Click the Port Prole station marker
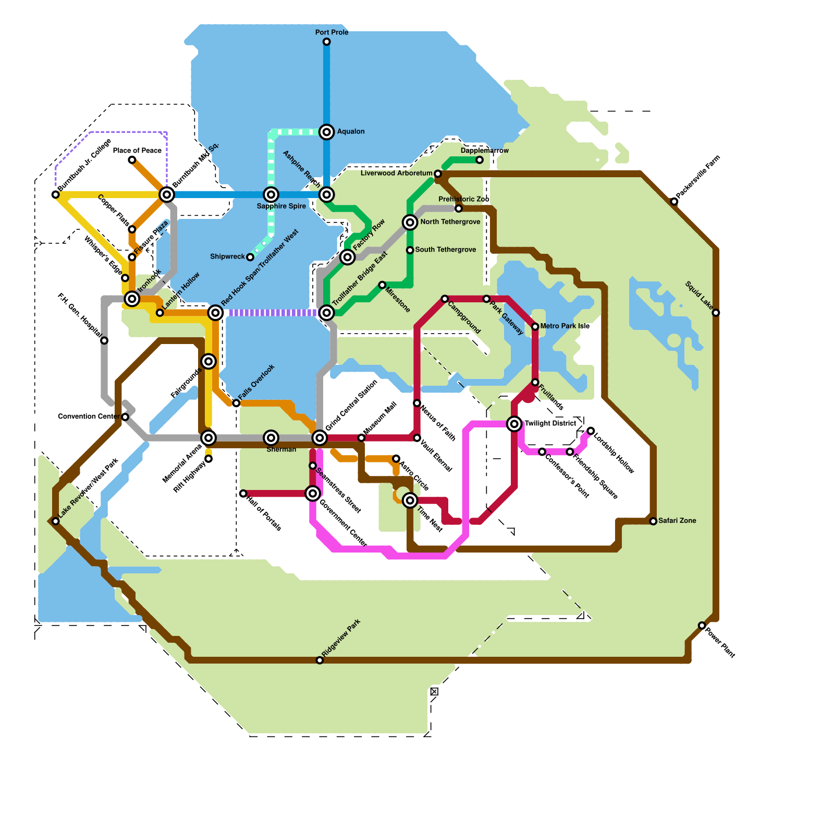click(326, 42)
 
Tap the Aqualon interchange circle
click(326, 132)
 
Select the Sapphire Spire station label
click(281, 206)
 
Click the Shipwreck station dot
click(250, 257)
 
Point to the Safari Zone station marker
click(653, 521)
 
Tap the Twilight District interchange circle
click(514, 424)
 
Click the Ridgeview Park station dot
click(320, 660)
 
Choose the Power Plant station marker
click(702, 625)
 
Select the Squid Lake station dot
click(716, 313)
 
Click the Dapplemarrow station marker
click(480, 160)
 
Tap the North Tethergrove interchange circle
click(410, 223)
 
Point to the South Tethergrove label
click(445, 250)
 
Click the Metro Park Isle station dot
click(535, 327)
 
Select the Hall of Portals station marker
click(243, 494)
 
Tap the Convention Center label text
click(89, 416)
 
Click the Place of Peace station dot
click(132, 160)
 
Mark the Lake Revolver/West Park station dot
click(56, 521)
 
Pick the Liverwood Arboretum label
click(396, 173)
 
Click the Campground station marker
click(445, 299)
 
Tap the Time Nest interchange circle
click(410, 500)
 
